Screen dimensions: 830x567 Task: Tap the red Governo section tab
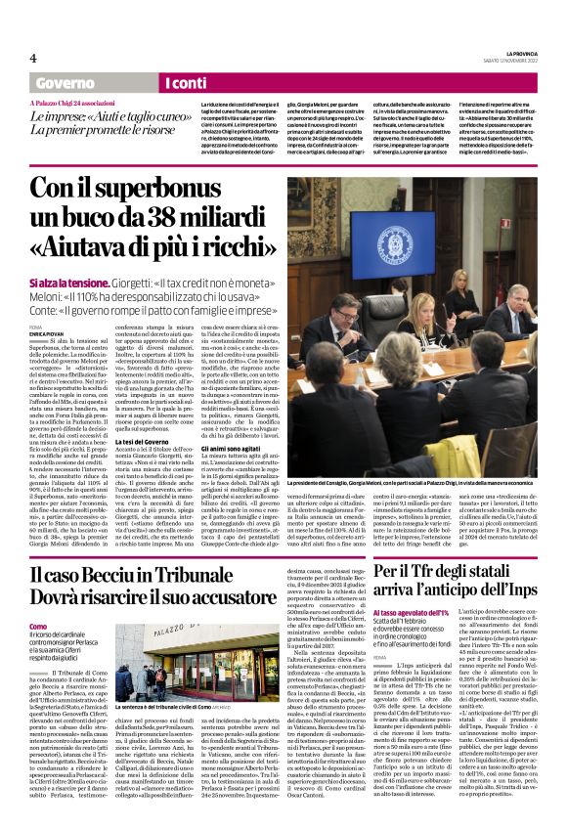point(66,84)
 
